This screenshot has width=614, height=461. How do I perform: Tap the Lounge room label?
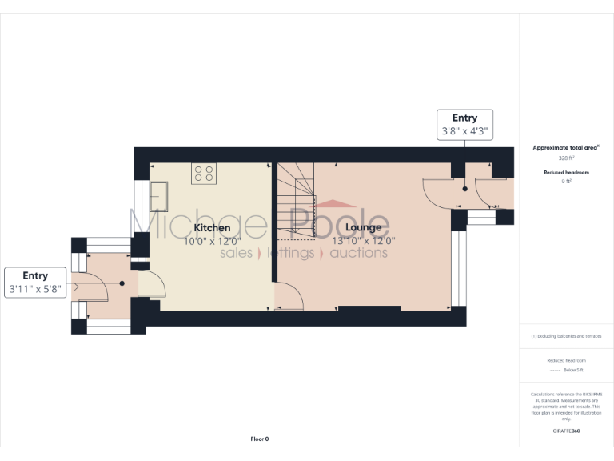(x=363, y=228)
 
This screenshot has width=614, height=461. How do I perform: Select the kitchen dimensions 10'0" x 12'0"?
(x=212, y=240)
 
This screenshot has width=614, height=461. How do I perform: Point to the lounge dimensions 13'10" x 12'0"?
(x=364, y=240)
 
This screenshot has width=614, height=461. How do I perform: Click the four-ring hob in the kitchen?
(x=203, y=174)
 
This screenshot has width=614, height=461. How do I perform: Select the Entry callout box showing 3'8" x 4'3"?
(x=464, y=124)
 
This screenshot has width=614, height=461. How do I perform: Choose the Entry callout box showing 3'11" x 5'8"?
(x=35, y=283)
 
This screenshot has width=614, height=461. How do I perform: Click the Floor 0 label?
(x=260, y=439)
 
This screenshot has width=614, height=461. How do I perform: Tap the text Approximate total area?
(x=566, y=148)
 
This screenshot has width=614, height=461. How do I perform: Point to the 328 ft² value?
(x=567, y=158)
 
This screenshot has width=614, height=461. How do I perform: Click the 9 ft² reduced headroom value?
(x=567, y=182)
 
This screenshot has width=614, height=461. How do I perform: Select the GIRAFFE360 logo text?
(x=567, y=431)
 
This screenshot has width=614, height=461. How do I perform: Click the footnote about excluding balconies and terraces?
(x=567, y=336)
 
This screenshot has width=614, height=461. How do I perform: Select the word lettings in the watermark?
(x=290, y=253)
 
